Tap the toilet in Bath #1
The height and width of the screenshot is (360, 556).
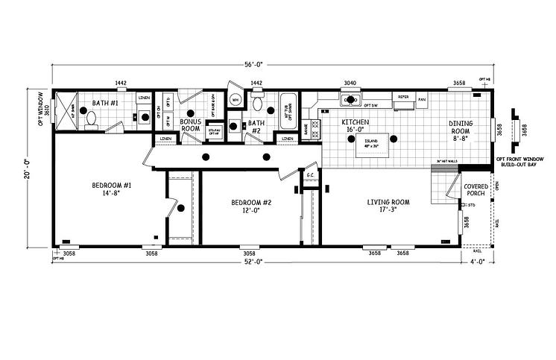[x=90, y=117]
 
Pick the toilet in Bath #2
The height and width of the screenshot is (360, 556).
[x=259, y=104]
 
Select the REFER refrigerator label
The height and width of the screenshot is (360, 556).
[x=403, y=98]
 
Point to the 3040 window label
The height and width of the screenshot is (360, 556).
[x=349, y=83]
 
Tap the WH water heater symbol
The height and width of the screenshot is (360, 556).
[x=235, y=100]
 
